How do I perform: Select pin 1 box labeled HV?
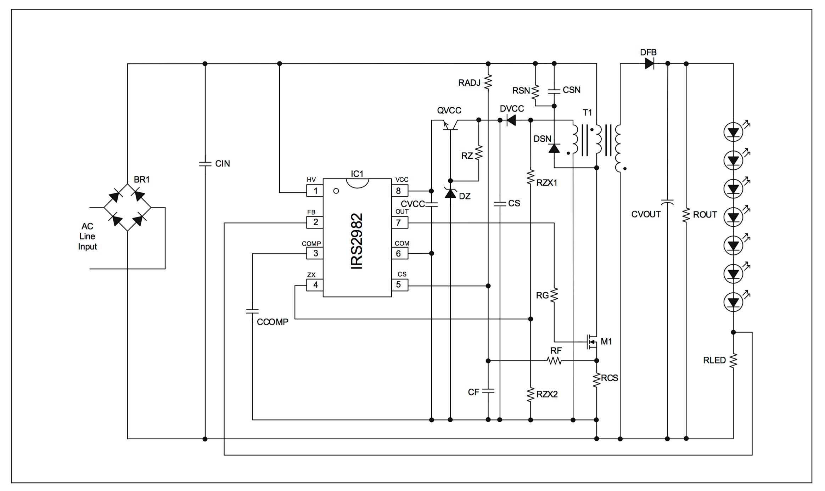tap(315, 191)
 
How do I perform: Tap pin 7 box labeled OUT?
tap(399, 222)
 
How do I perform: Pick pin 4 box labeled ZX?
tap(315, 285)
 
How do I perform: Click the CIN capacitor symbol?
tap(205, 164)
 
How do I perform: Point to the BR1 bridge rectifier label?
tap(142, 180)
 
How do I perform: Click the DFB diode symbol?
tap(649, 64)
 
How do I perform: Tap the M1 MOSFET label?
tap(606, 342)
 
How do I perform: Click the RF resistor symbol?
tap(555, 361)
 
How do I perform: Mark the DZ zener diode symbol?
tap(450, 193)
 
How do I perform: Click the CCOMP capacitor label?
tap(273, 322)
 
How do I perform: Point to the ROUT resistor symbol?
tap(686, 215)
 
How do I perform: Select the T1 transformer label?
tap(587, 113)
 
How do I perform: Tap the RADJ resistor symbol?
tap(488, 81)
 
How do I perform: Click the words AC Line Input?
tap(87, 236)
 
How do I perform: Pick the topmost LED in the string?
tap(733, 132)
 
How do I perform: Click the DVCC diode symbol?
tap(511, 120)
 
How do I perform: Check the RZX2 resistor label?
tap(547, 394)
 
